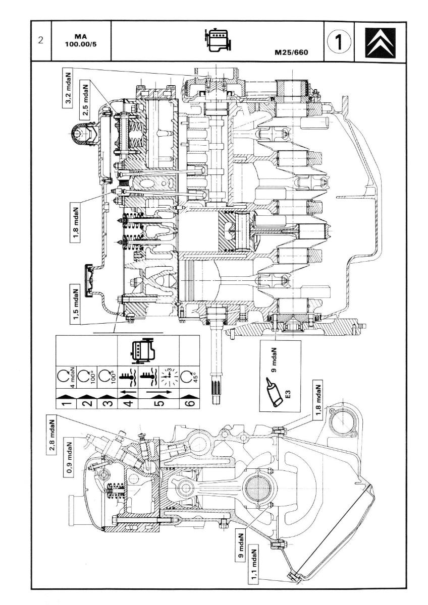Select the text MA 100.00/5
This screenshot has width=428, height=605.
tap(81, 40)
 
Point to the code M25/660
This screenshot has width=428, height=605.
tap(291, 52)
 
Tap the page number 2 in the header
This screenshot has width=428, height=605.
tap(41, 40)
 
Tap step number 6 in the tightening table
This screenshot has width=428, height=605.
tap(190, 403)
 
